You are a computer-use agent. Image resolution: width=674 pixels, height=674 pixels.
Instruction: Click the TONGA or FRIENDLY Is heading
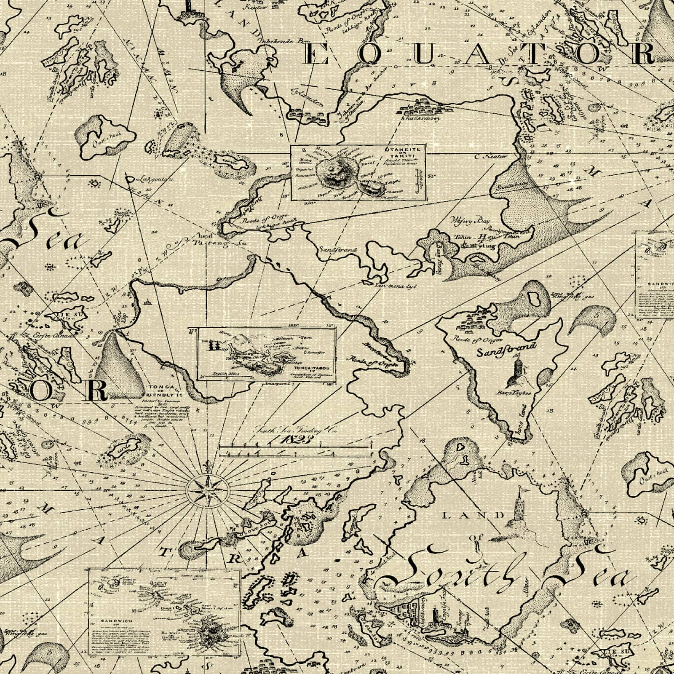point(163,391)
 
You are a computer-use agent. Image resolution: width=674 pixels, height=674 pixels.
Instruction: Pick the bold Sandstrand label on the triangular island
point(507,349)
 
